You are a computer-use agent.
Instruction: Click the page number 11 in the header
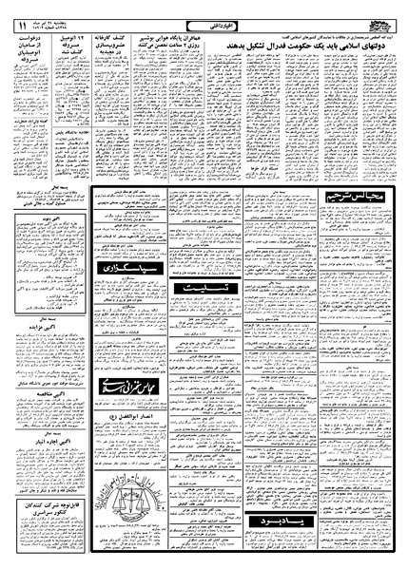[20, 11]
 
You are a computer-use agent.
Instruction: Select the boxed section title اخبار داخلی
[204, 11]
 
